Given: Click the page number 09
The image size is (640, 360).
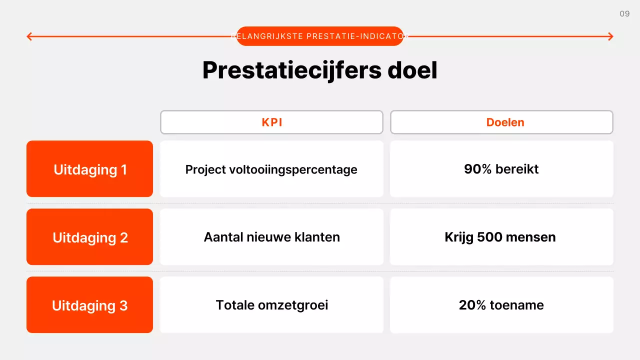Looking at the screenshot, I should pyautogui.click(x=624, y=14).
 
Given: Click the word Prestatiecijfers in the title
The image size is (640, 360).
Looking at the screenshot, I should pyautogui.click(x=291, y=70).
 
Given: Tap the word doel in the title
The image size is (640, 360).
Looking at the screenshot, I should pyautogui.click(x=412, y=70).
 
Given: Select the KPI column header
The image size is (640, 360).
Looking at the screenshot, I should pyautogui.click(x=271, y=122).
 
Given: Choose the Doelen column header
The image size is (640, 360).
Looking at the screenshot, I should pyautogui.click(x=501, y=122).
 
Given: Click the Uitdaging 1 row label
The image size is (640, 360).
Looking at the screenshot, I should pyautogui.click(x=90, y=169).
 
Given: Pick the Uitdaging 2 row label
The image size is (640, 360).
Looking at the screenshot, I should pyautogui.click(x=90, y=237).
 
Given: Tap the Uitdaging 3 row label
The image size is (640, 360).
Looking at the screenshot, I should pyautogui.click(x=90, y=305).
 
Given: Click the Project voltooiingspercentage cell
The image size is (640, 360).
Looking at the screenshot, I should pyautogui.click(x=271, y=169).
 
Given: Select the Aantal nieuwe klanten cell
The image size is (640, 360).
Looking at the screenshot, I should pyautogui.click(x=271, y=237).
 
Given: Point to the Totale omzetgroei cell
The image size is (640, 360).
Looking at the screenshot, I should pyautogui.click(x=271, y=305).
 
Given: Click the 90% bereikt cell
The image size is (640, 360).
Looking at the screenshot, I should pyautogui.click(x=501, y=169).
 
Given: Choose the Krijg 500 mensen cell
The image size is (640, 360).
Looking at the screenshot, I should pyautogui.click(x=501, y=237).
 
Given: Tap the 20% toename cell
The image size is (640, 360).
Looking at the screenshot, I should pyautogui.click(x=501, y=305).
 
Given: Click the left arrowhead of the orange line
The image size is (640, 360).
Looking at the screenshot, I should pyautogui.click(x=29, y=36).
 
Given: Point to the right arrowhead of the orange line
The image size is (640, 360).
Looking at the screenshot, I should pyautogui.click(x=610, y=36).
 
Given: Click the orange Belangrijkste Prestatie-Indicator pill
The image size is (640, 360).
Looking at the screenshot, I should pyautogui.click(x=320, y=36).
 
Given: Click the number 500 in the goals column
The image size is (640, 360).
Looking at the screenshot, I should pyautogui.click(x=491, y=237).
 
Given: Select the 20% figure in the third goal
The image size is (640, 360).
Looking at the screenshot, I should pyautogui.click(x=472, y=305).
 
